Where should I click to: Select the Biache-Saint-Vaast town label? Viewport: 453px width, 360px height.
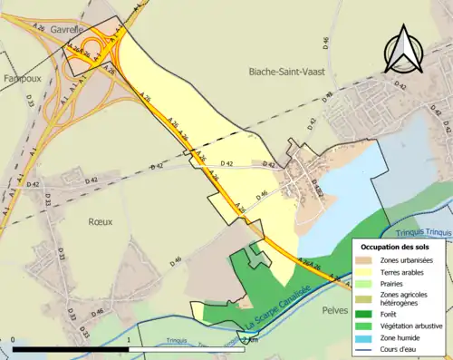pyautogui.click(x=289, y=70)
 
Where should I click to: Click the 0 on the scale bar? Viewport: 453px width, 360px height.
pyautogui.click(x=13, y=341)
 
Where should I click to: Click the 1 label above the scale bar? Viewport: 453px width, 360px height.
pyautogui.click(x=129, y=341)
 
